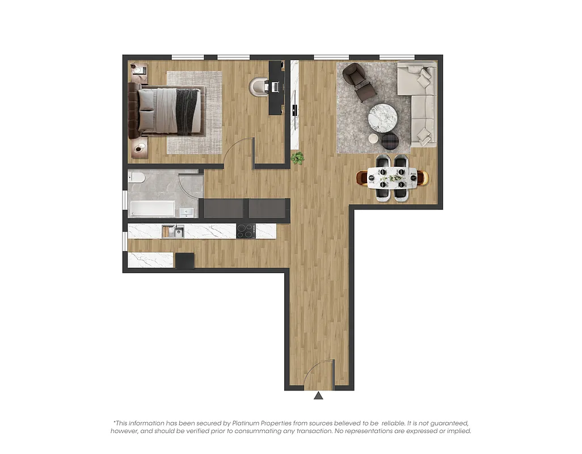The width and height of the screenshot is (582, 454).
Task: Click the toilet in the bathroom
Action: (137, 178)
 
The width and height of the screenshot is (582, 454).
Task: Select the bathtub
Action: (151, 208)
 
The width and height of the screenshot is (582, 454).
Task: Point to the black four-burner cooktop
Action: (246, 231)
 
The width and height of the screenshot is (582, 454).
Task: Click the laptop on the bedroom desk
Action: (276, 87)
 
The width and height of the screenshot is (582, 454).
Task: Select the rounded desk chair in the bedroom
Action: (259, 86)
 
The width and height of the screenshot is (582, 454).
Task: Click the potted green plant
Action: (297, 158)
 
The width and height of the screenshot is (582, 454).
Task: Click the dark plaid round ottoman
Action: (390, 141)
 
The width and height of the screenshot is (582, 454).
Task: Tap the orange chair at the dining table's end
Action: (362, 178)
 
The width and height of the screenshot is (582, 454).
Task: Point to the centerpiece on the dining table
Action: (392, 178)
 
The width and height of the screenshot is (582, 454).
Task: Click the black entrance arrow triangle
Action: (319, 395)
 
